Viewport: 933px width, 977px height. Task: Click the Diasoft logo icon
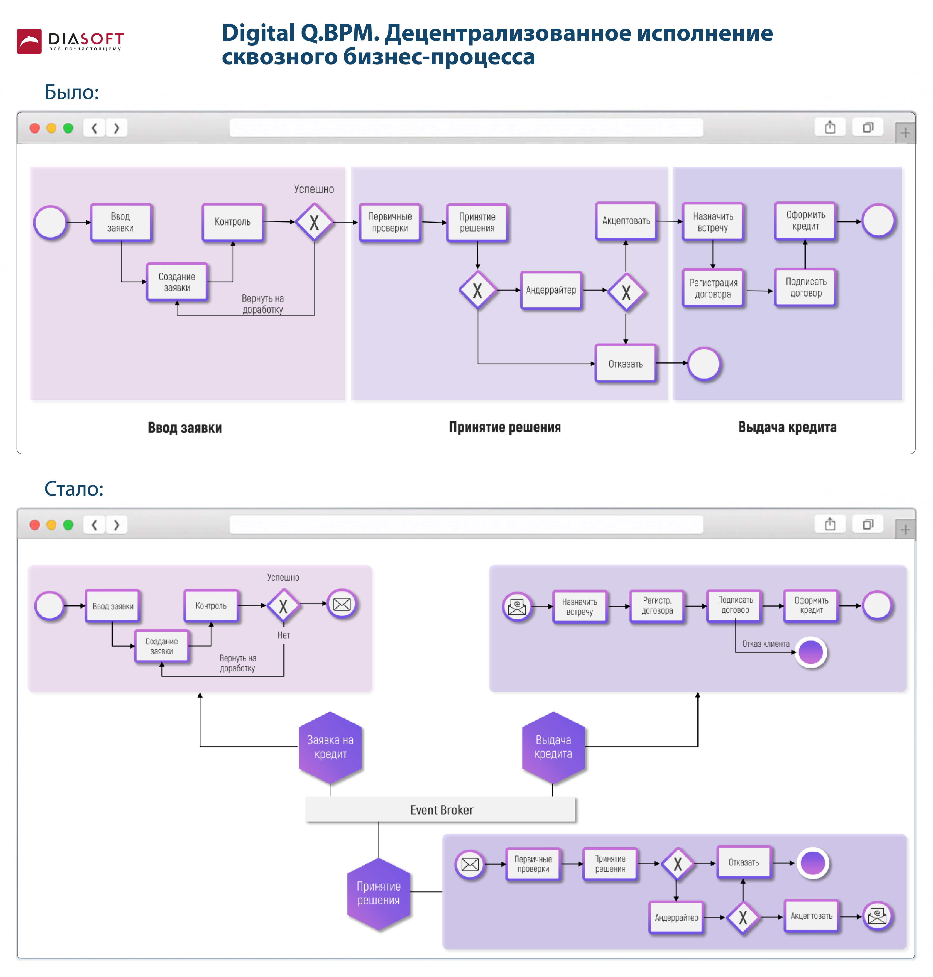29,41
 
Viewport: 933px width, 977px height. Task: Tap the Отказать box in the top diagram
625,364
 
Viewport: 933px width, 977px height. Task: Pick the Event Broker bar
441,809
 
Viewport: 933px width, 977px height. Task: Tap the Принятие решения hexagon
378,893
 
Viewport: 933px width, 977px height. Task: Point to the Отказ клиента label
765,644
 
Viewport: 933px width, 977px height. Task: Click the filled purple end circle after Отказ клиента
811,652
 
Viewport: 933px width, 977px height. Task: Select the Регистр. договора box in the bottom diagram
657,605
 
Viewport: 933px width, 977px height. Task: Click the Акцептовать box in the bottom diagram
811,916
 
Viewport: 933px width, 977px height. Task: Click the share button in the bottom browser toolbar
830,524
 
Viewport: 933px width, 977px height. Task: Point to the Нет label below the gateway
283,635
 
